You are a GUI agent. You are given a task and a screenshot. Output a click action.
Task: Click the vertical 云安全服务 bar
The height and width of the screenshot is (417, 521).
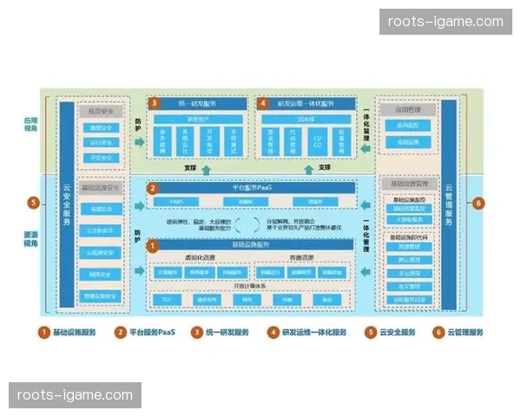pyautogui.click(x=67, y=203)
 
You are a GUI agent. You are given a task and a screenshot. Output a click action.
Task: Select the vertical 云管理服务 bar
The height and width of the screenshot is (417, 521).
pyautogui.click(x=448, y=203)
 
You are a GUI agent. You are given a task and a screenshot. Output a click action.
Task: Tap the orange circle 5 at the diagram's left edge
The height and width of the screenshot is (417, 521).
pyautogui.click(x=34, y=203)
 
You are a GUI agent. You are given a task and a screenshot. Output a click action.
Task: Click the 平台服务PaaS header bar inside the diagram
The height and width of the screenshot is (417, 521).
pyautogui.click(x=256, y=187)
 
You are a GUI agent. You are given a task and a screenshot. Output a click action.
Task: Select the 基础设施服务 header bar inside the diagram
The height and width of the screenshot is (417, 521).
pyautogui.click(x=256, y=247)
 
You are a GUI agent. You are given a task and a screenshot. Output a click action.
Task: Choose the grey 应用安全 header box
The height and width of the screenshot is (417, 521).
pyautogui.click(x=100, y=111)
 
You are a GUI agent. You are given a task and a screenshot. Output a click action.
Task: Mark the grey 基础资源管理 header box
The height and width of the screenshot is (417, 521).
pyautogui.click(x=407, y=183)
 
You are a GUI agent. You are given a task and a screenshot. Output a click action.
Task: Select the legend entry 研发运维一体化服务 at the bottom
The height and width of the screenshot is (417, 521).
pyautogui.click(x=307, y=332)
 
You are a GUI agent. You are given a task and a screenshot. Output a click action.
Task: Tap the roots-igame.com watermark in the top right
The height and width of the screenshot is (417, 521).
pyautogui.click(x=445, y=22)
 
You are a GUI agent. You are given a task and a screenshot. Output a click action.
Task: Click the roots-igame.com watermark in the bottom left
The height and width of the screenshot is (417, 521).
pyautogui.click(x=76, y=395)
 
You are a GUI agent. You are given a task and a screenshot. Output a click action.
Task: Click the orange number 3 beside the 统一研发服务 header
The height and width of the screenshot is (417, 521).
pyautogui.click(x=154, y=103)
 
